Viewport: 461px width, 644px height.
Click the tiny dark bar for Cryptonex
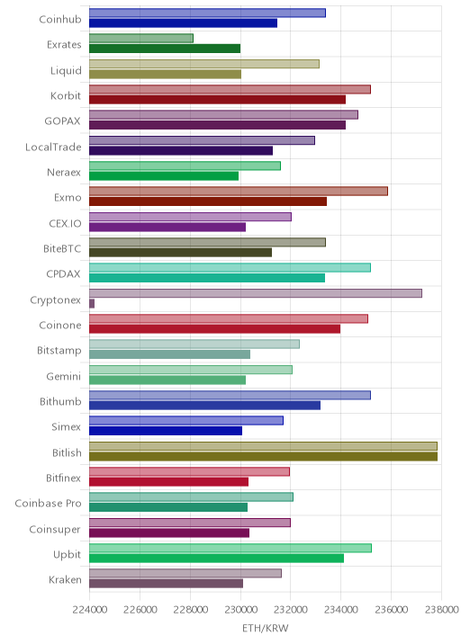click(x=92, y=303)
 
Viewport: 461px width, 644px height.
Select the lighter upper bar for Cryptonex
click(x=256, y=293)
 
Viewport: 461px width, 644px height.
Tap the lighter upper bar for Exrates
click(x=141, y=38)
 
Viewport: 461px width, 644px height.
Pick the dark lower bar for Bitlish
click(x=263, y=456)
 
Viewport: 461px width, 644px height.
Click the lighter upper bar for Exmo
click(x=239, y=191)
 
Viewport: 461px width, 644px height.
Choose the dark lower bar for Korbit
click(x=217, y=100)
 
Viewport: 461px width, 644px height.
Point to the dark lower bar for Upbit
click(x=216, y=559)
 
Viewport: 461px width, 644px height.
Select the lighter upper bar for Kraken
click(x=185, y=573)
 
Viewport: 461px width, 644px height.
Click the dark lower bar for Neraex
click(x=164, y=175)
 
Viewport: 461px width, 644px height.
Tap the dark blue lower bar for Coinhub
click(x=183, y=23)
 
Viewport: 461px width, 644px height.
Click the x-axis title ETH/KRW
click(x=266, y=629)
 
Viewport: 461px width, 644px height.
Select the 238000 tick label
click(x=441, y=610)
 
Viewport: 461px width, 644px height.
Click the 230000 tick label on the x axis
click(x=240, y=610)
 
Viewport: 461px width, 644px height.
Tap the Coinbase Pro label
click(x=48, y=503)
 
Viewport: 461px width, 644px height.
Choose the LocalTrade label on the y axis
click(x=53, y=147)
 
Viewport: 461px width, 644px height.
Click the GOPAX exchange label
click(x=62, y=121)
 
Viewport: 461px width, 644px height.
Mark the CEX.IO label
click(x=65, y=223)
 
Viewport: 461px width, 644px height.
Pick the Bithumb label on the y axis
click(x=60, y=401)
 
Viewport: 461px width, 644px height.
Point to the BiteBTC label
click(x=62, y=249)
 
